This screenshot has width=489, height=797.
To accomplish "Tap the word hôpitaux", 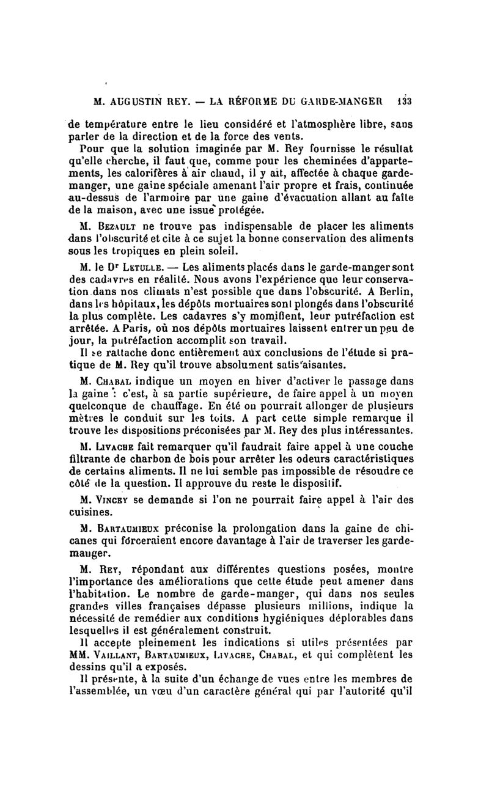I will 118,305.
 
